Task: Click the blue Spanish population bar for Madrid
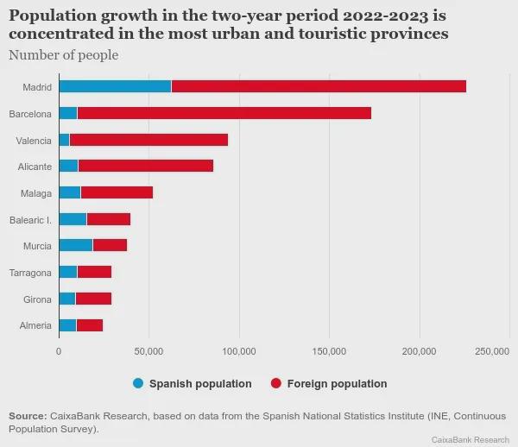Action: point(115,86)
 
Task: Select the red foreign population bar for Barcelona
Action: point(224,113)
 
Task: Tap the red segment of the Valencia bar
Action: point(148,140)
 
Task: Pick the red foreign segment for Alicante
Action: point(145,166)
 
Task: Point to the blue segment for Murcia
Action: point(75,246)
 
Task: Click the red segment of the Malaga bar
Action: point(117,192)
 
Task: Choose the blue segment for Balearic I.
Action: point(73,219)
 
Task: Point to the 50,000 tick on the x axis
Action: point(148,351)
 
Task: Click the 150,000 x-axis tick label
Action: point(329,351)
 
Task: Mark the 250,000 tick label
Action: point(492,351)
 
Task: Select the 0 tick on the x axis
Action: point(59,351)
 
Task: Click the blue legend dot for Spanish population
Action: point(138,383)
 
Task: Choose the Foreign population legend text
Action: point(337,383)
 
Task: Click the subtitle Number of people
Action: point(63,55)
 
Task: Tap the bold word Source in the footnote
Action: point(26,417)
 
